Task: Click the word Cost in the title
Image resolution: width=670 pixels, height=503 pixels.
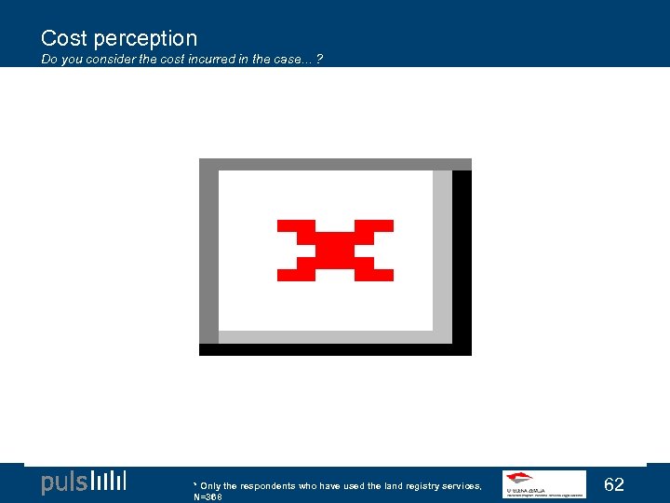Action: point(64,38)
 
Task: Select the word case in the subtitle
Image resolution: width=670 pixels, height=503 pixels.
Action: point(288,60)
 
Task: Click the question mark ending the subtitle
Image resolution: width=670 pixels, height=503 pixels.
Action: point(320,60)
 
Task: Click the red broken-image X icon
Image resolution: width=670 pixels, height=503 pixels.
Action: point(335,251)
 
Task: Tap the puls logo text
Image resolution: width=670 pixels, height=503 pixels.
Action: point(64,483)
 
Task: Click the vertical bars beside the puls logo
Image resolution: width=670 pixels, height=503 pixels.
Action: point(109,482)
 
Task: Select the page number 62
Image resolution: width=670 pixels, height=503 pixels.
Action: point(614,484)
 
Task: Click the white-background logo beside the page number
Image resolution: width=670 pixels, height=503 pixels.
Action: point(544,484)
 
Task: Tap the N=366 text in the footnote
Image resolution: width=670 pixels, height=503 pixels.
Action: point(208,497)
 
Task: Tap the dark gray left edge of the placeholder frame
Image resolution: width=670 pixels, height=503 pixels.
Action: point(208,256)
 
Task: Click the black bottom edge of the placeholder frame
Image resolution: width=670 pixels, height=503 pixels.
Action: point(335,349)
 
